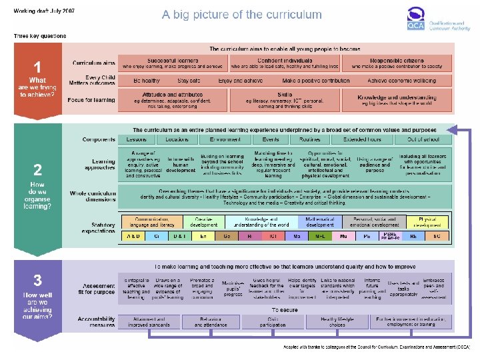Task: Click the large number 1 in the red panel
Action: (x=39, y=67)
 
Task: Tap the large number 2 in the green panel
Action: (x=39, y=169)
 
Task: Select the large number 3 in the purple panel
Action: (x=39, y=281)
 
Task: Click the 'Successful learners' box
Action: (x=172, y=63)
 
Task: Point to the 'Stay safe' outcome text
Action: (x=189, y=81)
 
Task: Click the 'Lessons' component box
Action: (x=137, y=140)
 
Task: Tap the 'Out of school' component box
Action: (x=423, y=140)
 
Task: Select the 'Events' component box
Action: (x=271, y=140)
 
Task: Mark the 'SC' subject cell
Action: (x=437, y=236)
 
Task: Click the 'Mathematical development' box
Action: (x=320, y=221)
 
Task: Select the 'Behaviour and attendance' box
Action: (x=211, y=323)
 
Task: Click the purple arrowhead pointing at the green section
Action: (x=451, y=129)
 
